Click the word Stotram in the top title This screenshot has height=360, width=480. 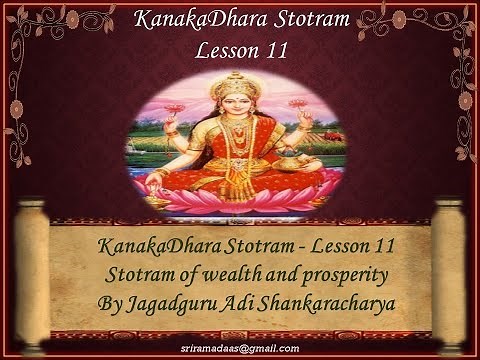pyautogui.click(x=290, y=19)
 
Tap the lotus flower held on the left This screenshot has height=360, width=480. pyautogui.click(x=175, y=107)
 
